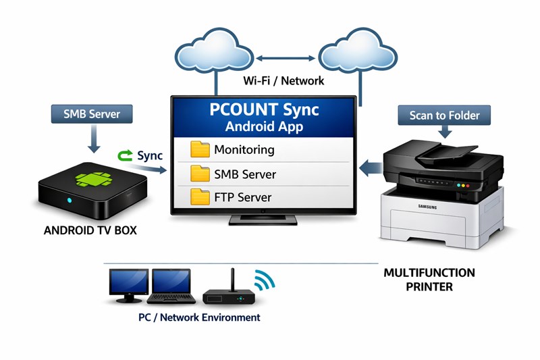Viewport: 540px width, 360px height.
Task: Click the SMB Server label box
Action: coord(92,114)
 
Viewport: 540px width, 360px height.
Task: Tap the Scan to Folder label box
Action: coord(444,115)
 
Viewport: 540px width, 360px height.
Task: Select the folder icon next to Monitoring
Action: coord(200,149)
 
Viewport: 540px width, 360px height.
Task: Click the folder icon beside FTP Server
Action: coord(200,197)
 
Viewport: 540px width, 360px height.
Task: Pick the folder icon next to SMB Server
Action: coord(200,174)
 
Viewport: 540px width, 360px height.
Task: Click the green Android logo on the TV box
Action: coord(94,179)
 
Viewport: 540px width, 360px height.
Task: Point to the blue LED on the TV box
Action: coord(70,200)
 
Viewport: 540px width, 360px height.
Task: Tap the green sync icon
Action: coord(125,155)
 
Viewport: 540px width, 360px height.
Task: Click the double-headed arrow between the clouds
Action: coord(286,59)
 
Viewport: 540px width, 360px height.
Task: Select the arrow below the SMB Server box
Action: coord(94,139)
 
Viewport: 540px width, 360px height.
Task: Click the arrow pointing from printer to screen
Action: coord(371,168)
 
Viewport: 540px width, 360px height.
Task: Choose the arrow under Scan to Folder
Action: coord(445,132)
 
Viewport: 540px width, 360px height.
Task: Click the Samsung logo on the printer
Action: coord(427,207)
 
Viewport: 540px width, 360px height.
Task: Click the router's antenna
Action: coord(233,280)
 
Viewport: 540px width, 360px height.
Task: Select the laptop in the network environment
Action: coord(171,286)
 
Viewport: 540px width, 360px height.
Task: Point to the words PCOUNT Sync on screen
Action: coord(264,109)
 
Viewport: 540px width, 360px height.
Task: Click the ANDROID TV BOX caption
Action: coord(90,230)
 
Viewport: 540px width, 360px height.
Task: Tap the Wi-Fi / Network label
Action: coord(283,80)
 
